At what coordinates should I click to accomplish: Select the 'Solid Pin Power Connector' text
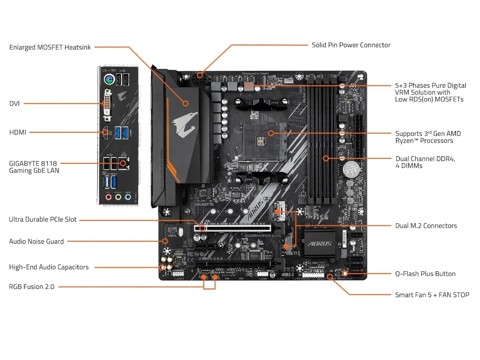tap(351, 45)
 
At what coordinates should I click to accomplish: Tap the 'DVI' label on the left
tap(14, 103)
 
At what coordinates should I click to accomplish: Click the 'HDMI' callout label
tap(18, 132)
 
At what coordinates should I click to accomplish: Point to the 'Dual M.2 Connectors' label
tap(426, 226)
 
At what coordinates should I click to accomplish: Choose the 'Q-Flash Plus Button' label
tap(425, 274)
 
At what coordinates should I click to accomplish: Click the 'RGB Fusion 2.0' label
tap(32, 287)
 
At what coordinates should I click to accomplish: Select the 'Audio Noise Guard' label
tap(36, 242)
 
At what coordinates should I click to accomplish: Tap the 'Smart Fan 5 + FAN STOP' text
tap(432, 295)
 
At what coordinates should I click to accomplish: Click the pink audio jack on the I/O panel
tap(108, 197)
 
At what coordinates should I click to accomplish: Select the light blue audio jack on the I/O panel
tap(128, 197)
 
